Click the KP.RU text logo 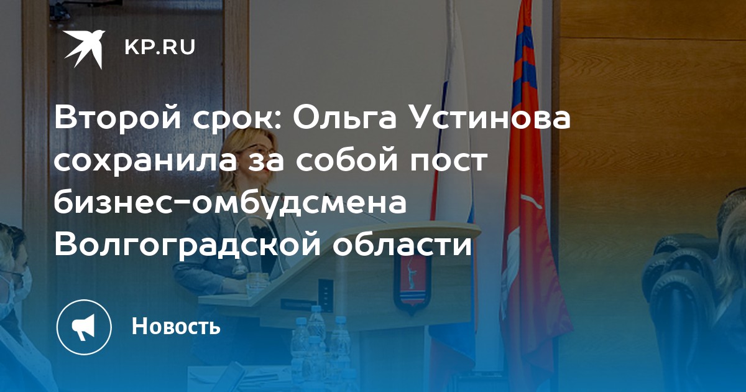point(160,47)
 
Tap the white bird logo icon point(85,49)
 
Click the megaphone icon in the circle point(84,327)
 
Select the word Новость point(176,325)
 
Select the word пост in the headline point(449,161)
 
